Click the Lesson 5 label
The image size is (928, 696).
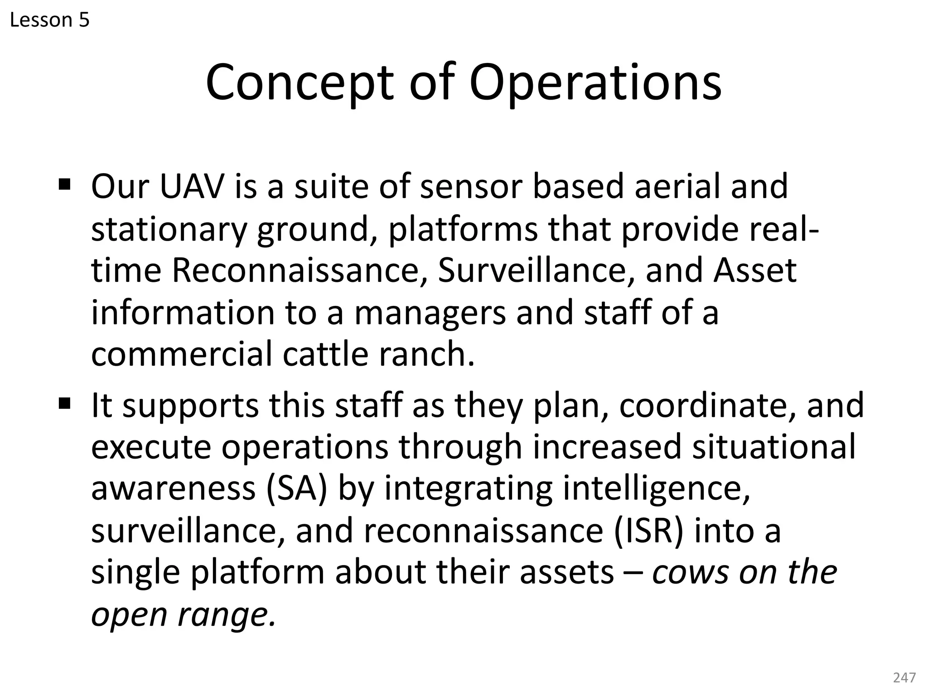49,20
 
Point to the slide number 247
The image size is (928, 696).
904,677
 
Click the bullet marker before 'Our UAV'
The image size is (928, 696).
65,185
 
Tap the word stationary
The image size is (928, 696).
169,229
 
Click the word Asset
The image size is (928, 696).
755,271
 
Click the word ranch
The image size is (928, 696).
426,354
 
